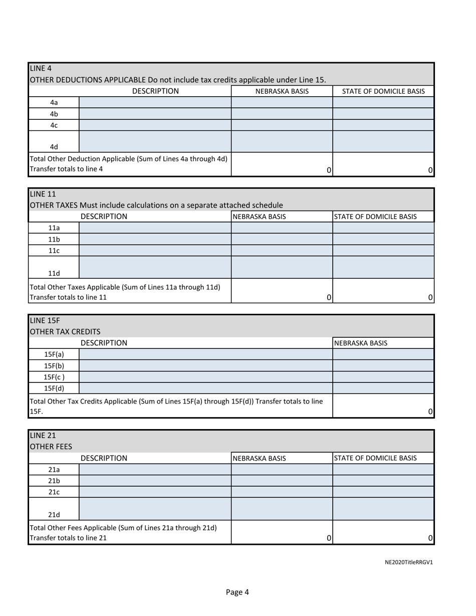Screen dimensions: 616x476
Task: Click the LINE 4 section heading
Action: [41, 68]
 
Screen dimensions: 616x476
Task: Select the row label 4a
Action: [54, 102]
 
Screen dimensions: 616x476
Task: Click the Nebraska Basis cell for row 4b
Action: [282, 114]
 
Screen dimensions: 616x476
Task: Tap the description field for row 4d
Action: [155, 141]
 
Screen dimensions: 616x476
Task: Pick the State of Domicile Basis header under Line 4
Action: [383, 91]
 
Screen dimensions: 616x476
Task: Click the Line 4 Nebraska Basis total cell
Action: [282, 165]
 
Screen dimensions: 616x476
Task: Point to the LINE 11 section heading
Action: [43, 193]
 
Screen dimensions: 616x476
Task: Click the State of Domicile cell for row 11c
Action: [383, 250]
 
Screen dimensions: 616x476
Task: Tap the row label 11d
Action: [54, 273]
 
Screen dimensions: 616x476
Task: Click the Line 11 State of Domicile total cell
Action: [383, 291]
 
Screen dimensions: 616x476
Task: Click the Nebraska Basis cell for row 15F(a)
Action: [383, 354]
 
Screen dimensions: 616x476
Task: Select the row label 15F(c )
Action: [54, 377]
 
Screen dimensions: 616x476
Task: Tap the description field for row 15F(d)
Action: [205, 388]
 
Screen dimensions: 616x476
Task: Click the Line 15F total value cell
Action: [383, 405]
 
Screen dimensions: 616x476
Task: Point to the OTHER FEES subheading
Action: [51, 447]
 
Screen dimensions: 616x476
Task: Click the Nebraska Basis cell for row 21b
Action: [282, 481]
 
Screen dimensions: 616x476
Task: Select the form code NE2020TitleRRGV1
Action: [408, 562]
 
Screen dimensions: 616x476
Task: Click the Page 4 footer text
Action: [237, 592]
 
